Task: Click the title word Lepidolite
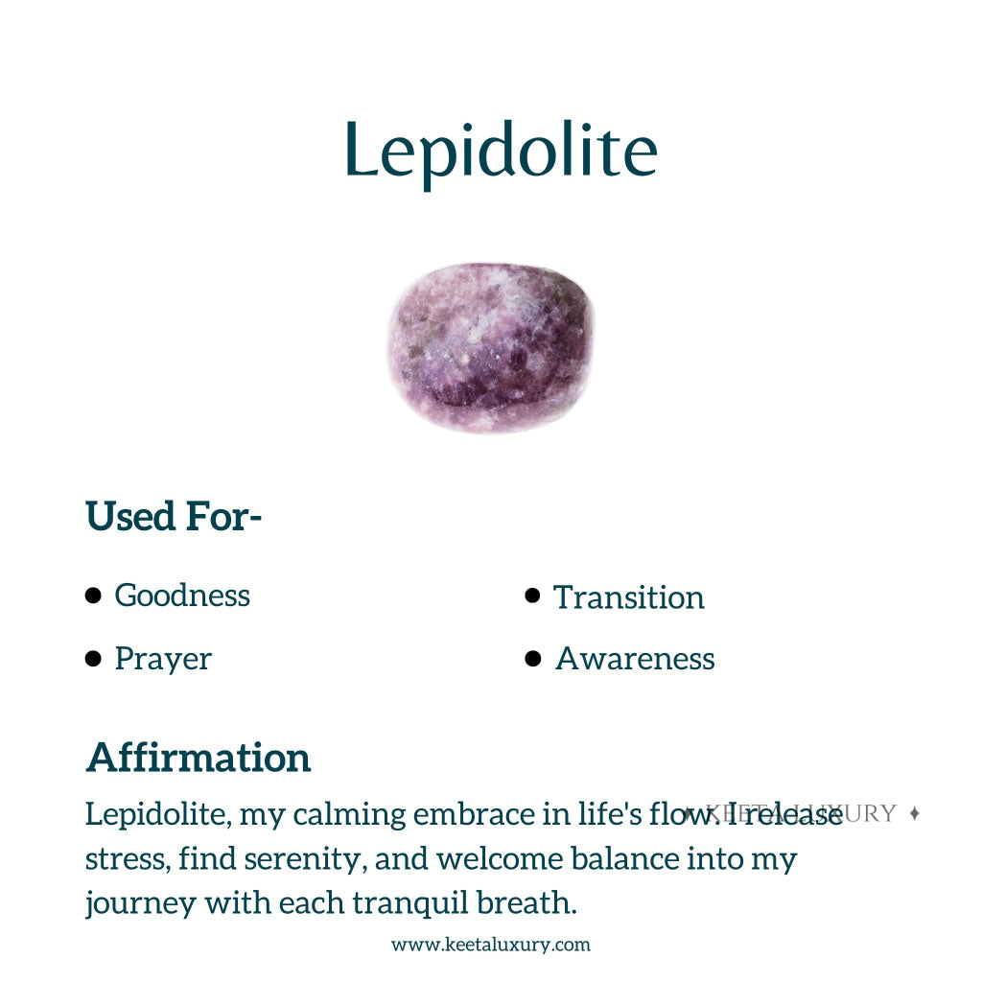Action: [x=501, y=151]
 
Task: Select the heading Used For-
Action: [x=174, y=517]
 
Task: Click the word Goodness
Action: [x=182, y=596]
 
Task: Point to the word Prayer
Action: [x=163, y=659]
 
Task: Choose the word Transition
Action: [x=629, y=597]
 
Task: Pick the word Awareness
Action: [x=635, y=659]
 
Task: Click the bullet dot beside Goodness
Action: [x=93, y=596]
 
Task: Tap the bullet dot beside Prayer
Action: [x=93, y=659]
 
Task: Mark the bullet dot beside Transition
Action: [x=533, y=596]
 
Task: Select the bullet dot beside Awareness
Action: [x=533, y=659]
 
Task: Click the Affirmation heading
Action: [x=199, y=758]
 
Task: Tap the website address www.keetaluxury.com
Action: [x=491, y=945]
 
